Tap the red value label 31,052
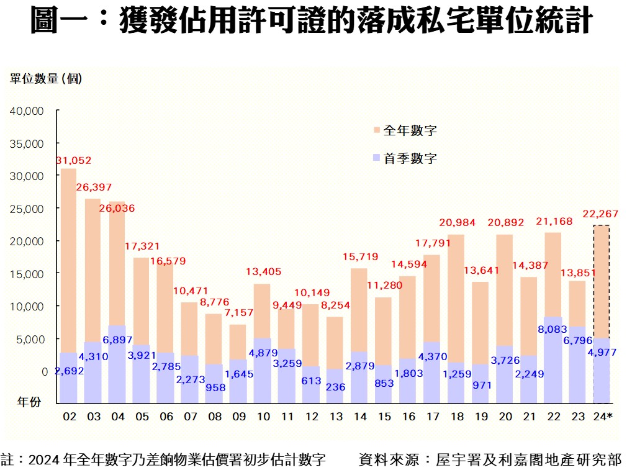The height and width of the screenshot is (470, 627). (x=74, y=161)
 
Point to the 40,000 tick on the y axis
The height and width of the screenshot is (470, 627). (x=26, y=111)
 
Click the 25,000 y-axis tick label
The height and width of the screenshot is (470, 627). (x=26, y=209)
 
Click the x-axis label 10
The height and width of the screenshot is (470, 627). (x=263, y=416)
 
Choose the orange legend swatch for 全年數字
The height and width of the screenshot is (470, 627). (x=376, y=130)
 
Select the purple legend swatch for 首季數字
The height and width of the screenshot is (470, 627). (x=376, y=158)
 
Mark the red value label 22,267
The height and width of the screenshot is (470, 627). (x=600, y=214)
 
